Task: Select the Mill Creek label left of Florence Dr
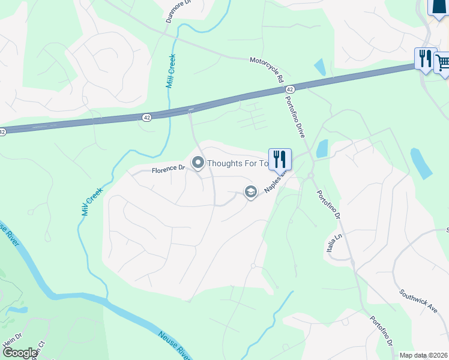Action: [x=92, y=200]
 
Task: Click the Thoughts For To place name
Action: [x=237, y=163]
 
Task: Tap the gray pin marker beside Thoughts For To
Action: [x=198, y=163]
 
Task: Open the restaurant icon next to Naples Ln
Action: [x=280, y=159]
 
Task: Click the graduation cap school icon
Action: [x=250, y=191]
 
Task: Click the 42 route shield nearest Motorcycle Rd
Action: [x=290, y=89]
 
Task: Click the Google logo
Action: [x=20, y=353]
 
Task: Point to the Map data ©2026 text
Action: [x=424, y=355]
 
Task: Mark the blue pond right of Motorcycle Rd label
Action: [x=320, y=67]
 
